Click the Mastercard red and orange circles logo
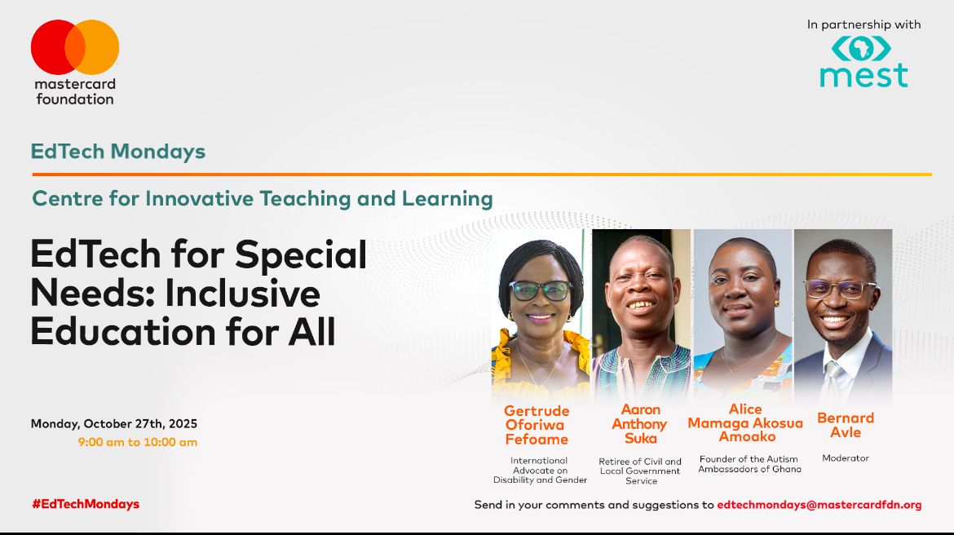75,46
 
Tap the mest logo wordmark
863,75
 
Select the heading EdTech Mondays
118,151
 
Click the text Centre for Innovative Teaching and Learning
262,198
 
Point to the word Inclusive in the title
243,294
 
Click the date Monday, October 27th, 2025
114,424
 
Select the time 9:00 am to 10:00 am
138,442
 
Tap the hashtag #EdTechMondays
86,504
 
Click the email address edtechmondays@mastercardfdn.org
819,505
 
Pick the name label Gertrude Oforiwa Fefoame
537,425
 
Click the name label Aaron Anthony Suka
640,424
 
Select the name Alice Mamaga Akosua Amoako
745,423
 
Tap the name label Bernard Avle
846,425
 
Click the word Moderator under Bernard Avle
846,458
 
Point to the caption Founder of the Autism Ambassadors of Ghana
749,464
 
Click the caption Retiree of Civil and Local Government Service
640,471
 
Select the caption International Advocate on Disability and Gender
540,471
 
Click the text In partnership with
863,24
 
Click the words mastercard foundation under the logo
75,91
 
